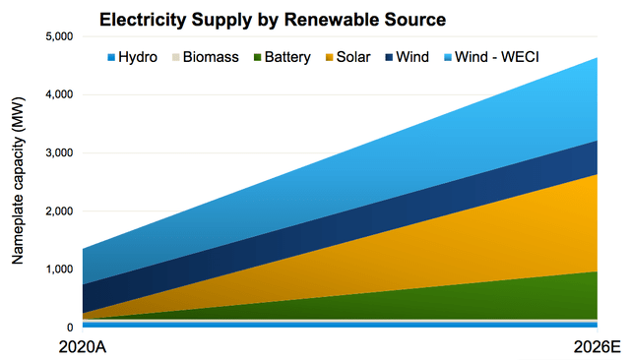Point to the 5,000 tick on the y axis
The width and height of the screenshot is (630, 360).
(60, 36)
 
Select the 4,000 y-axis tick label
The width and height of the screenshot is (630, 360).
(60, 94)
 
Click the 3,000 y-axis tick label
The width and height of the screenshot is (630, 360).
(60, 152)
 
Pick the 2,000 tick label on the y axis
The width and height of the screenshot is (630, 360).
(60, 210)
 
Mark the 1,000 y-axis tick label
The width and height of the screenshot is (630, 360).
(60, 269)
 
